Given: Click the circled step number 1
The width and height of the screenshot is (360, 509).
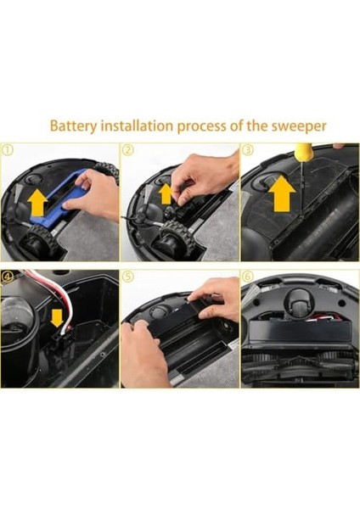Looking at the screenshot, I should pyautogui.click(x=7, y=149).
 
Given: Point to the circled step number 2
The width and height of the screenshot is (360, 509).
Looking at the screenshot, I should pyautogui.click(x=128, y=149).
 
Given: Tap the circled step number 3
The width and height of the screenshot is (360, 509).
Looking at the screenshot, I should pyautogui.click(x=248, y=149).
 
